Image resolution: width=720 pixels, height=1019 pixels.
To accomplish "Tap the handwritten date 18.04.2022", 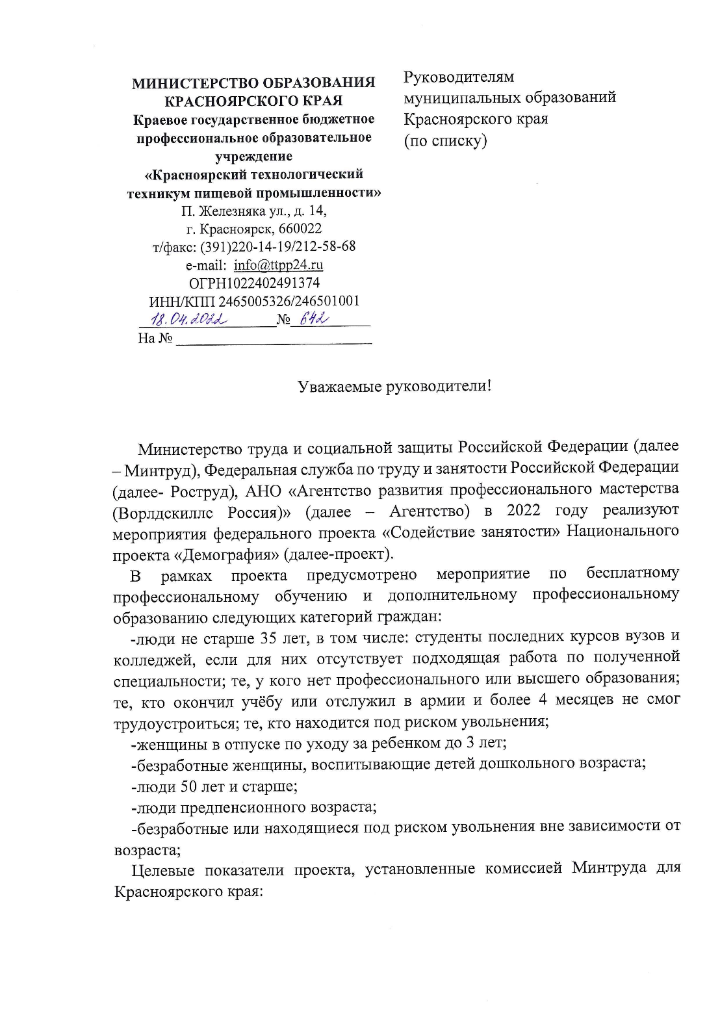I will click(188, 319).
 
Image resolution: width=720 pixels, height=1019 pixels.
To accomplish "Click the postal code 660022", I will click(300, 229).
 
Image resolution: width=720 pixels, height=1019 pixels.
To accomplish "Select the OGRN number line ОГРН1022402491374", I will click(254, 283).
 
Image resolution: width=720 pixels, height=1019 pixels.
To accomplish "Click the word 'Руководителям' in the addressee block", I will click(459, 77).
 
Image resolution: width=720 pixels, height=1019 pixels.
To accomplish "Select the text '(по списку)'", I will click(445, 140).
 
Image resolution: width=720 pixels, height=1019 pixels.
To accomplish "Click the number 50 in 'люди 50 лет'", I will click(188, 786).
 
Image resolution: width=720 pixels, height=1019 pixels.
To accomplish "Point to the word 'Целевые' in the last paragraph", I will click(160, 870).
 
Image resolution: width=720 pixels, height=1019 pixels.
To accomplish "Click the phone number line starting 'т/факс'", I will click(254, 247).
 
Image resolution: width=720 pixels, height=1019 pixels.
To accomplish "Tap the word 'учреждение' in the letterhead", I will click(253, 156).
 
